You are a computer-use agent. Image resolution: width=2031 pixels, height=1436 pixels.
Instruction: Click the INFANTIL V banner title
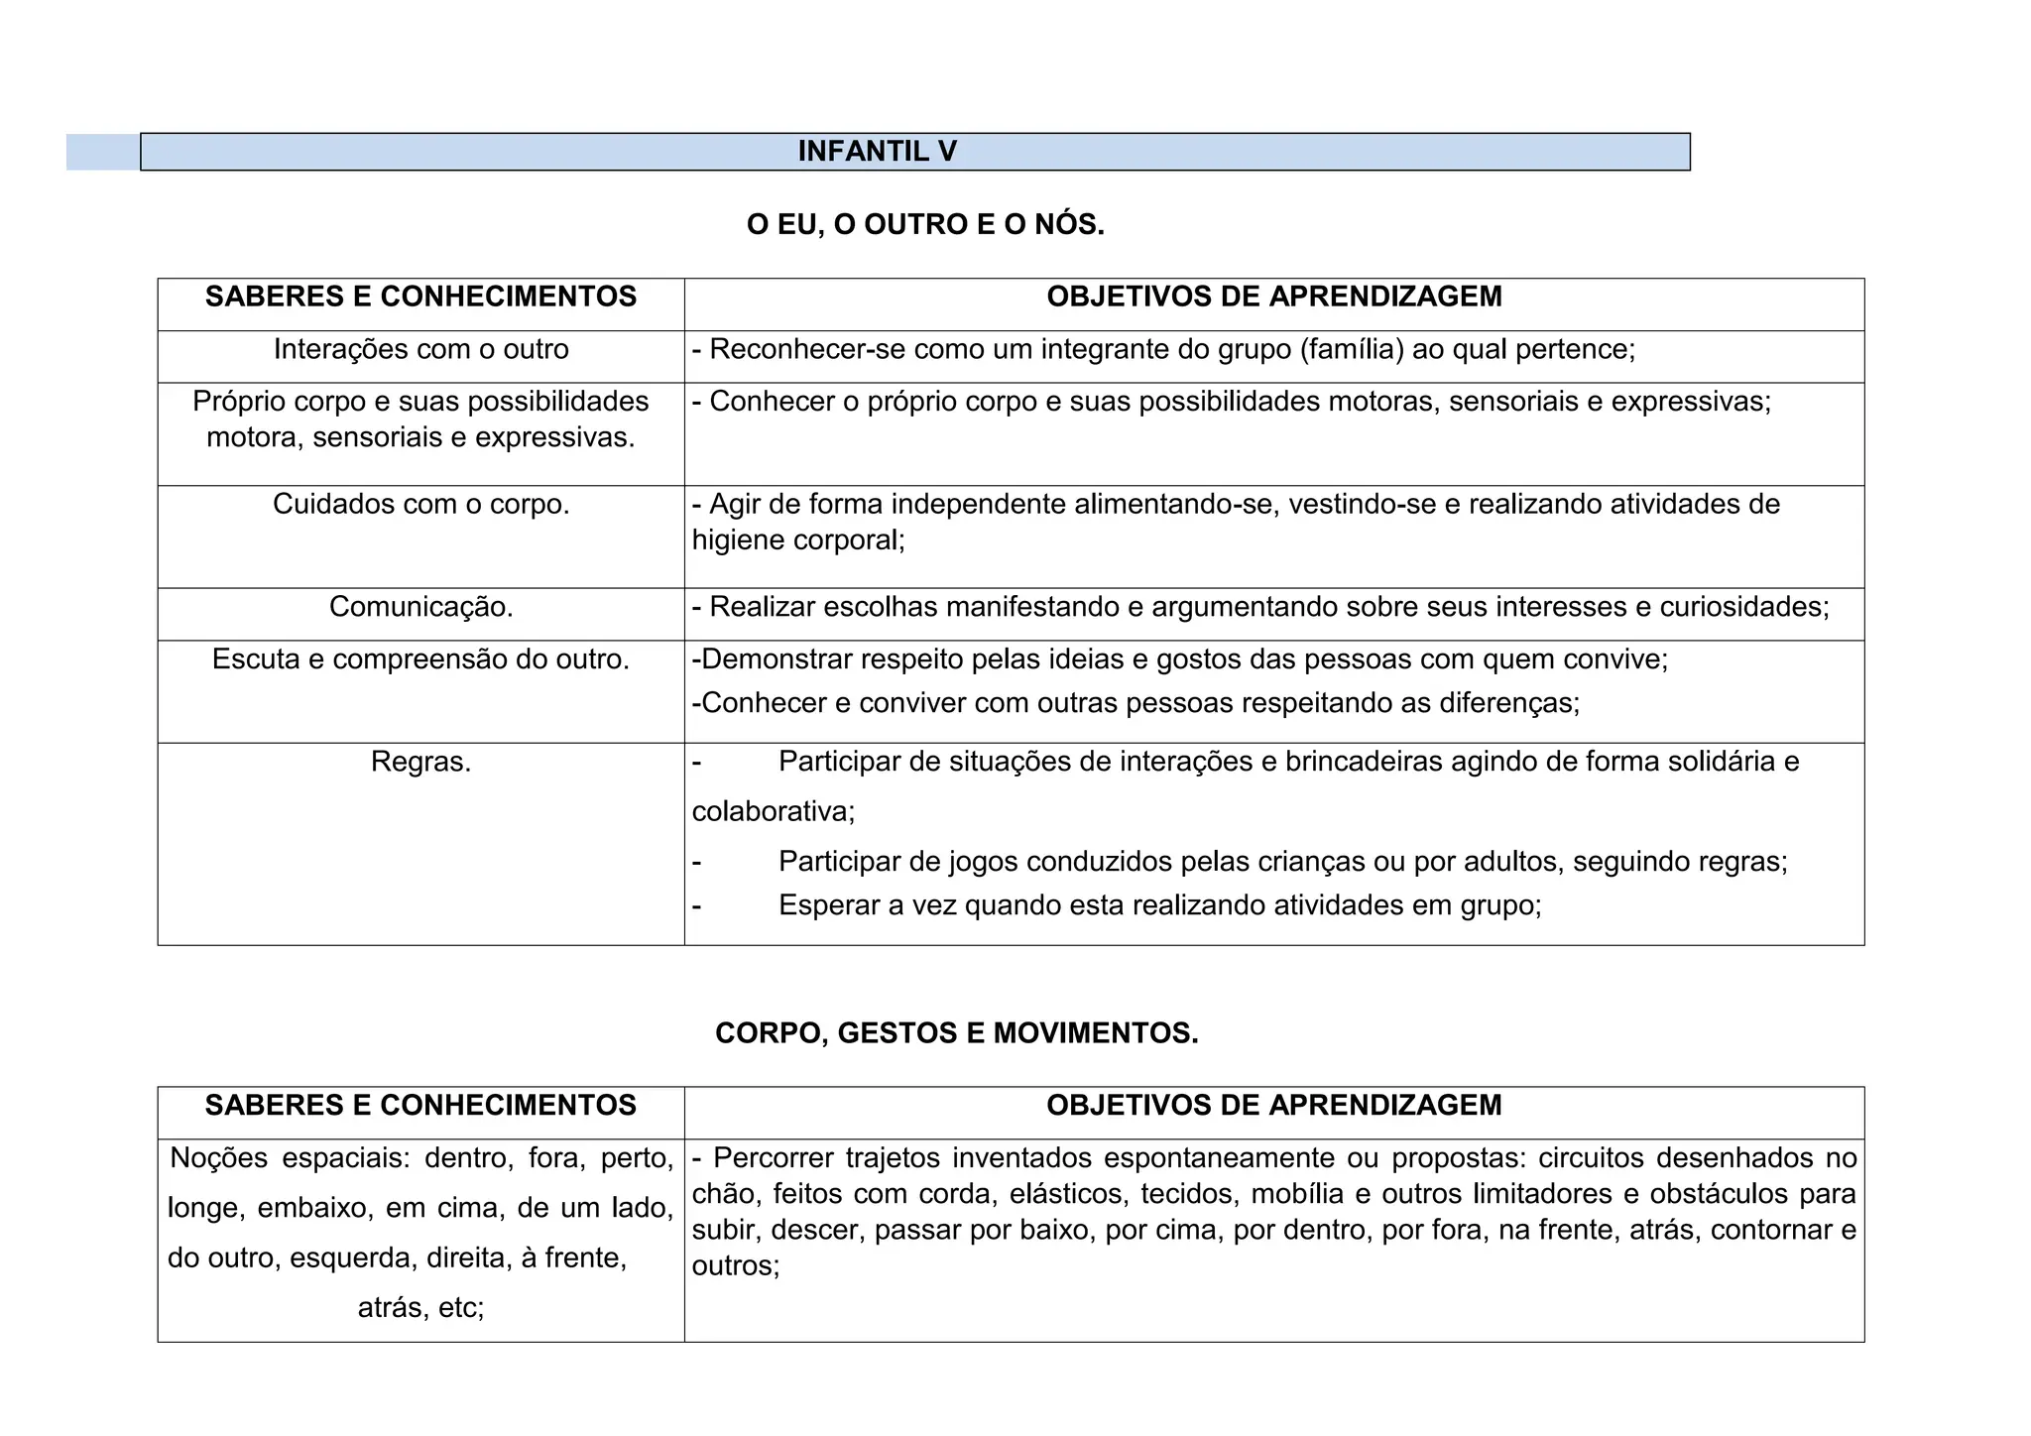click(877, 151)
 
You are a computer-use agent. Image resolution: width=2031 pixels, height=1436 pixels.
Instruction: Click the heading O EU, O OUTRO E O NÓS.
click(924, 225)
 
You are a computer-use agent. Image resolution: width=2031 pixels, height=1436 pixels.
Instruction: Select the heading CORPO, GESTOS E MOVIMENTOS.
click(956, 1033)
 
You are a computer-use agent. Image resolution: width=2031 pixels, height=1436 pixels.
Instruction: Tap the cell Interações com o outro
click(420, 349)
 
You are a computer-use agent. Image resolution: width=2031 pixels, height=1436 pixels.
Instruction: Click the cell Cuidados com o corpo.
click(420, 504)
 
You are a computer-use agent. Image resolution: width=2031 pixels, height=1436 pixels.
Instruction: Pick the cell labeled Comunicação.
click(420, 607)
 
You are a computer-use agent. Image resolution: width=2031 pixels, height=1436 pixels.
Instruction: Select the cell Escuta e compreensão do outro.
click(420, 658)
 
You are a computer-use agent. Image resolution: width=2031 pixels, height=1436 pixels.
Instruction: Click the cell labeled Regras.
click(420, 762)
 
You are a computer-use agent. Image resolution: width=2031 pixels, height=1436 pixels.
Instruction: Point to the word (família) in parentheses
click(1351, 349)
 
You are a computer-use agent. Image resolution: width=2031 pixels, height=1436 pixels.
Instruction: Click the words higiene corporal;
click(798, 539)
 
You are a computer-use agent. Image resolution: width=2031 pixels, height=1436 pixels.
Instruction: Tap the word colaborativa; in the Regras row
click(773, 811)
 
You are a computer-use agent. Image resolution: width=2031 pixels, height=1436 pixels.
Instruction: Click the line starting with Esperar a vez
click(1159, 905)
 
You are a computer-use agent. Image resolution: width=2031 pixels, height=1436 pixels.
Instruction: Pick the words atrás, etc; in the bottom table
click(420, 1308)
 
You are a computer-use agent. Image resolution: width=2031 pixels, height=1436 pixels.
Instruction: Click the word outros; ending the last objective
click(736, 1265)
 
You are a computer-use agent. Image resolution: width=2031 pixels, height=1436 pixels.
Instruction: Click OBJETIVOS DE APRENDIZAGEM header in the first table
click(1273, 297)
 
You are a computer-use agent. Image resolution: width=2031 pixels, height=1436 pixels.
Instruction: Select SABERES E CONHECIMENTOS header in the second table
click(420, 1105)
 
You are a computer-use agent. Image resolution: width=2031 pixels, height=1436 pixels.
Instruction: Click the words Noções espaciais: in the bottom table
click(290, 1158)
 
